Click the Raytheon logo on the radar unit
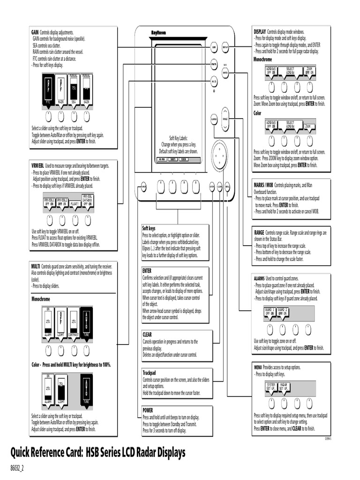click(x=158, y=32)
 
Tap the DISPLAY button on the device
click(x=225, y=47)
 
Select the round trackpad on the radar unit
click(x=219, y=152)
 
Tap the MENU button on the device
click(x=227, y=187)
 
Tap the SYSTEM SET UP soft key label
click(x=271, y=386)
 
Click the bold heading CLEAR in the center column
click(x=147, y=335)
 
